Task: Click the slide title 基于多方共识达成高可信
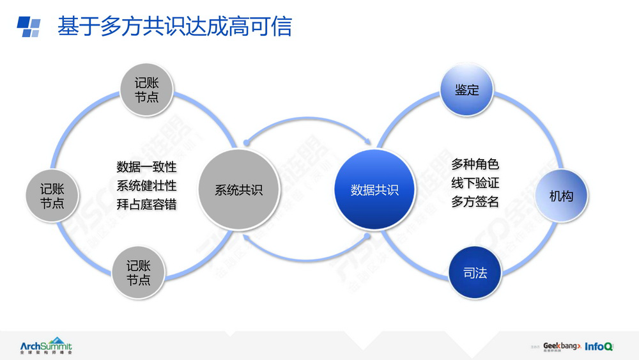click(x=174, y=27)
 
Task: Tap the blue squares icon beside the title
click(x=29, y=27)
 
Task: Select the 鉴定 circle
click(x=467, y=90)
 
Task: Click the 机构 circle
click(x=561, y=196)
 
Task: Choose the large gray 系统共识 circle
click(x=238, y=190)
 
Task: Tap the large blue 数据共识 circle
click(x=374, y=190)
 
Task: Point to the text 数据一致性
click(x=146, y=168)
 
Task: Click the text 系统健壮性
click(x=146, y=186)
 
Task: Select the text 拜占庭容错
click(x=146, y=205)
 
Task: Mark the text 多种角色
click(x=475, y=164)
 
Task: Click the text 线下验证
click(x=475, y=183)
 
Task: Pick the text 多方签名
click(x=475, y=201)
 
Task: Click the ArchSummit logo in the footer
click(x=46, y=345)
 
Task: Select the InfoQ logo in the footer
click(x=599, y=346)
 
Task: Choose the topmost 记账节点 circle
click(x=146, y=90)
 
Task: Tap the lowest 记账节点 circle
click(x=139, y=273)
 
